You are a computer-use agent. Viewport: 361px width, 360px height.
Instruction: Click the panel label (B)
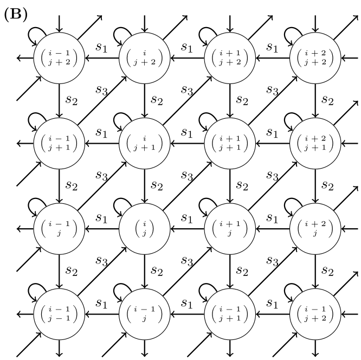tap(16, 14)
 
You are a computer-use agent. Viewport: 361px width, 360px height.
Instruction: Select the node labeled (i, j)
tap(145, 229)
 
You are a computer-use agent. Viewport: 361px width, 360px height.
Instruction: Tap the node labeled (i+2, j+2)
tap(315, 58)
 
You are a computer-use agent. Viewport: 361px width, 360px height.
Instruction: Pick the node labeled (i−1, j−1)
tap(60, 314)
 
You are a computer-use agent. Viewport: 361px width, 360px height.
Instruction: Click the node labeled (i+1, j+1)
tap(230, 144)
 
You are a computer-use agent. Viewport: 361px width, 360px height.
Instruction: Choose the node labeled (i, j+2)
tap(145, 58)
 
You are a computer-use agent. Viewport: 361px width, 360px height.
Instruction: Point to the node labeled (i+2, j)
tap(315, 229)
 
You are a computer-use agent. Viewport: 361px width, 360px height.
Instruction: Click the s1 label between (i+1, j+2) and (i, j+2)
tap(186, 47)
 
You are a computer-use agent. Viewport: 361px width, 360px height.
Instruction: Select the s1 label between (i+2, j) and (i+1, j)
tap(272, 218)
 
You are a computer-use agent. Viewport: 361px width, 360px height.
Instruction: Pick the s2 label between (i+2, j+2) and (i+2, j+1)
tap(327, 100)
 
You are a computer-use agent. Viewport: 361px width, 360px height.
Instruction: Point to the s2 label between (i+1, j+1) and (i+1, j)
tap(242, 185)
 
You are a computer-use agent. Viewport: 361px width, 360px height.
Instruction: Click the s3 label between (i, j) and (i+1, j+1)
tap(186, 176)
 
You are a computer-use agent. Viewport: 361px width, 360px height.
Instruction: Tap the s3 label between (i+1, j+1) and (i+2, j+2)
tap(272, 91)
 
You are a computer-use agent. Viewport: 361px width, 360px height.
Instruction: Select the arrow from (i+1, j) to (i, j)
tap(187, 229)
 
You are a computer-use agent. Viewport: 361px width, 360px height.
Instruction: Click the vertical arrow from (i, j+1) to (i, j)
tap(145, 186)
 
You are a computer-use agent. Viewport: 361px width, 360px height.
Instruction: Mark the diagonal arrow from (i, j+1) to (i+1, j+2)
tap(187, 101)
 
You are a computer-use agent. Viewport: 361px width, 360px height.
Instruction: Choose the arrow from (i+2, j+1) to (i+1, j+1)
tap(272, 144)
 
